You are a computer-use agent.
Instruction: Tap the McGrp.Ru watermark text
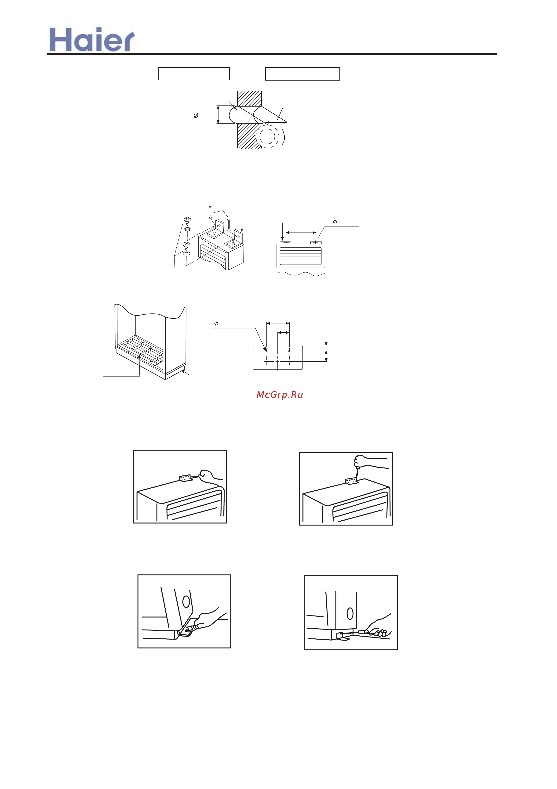coord(280,395)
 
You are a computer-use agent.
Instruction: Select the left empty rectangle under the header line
coord(193,74)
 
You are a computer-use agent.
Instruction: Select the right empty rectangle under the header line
coord(302,74)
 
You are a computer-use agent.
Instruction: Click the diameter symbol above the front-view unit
coord(335,222)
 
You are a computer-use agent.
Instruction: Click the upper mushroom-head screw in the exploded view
coord(187,220)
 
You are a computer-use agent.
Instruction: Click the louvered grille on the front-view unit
coord(301,256)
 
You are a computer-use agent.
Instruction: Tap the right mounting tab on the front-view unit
coord(316,242)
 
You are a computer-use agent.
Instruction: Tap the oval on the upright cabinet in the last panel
coord(350,613)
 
